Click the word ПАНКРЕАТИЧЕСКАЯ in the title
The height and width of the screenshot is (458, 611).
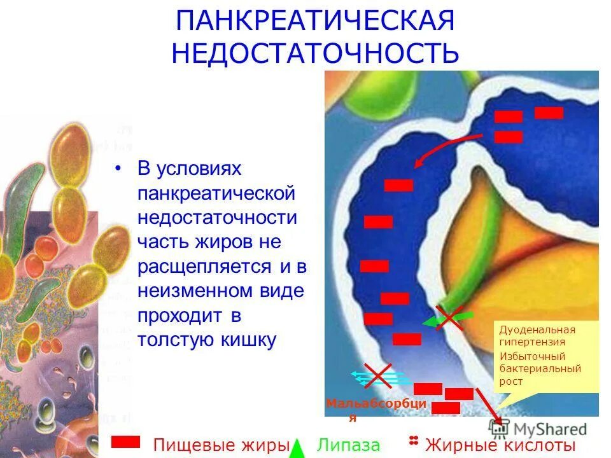coord(315,21)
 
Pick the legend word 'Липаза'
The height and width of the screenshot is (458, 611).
coord(348,445)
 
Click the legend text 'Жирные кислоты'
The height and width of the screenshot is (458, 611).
coord(500,445)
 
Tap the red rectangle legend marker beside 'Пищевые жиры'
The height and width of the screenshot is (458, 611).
coord(125,441)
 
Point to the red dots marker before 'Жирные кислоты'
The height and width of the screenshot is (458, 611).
coord(414,441)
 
